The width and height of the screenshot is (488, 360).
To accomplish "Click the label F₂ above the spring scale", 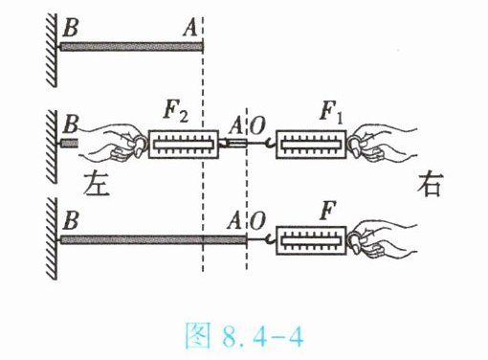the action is coord(175,113).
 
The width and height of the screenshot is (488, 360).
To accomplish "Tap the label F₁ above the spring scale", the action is coord(331,113).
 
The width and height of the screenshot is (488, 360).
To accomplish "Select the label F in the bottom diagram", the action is coord(327,211).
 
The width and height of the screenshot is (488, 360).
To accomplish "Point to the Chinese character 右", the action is coord(430,185).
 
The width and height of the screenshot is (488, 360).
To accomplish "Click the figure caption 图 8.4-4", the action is coord(244,335).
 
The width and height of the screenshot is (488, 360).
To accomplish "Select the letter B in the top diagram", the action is coord(71,28).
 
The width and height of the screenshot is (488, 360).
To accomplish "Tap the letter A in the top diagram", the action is coord(190,28).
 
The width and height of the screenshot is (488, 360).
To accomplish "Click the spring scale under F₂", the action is coord(184,144).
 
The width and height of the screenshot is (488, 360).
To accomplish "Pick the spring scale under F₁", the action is coord(311,145).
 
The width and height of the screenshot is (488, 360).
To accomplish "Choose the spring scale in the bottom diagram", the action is coord(311,240).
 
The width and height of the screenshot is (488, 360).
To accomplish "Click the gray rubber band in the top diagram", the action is coord(132,47).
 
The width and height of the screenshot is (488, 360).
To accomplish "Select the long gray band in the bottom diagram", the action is coord(153,239).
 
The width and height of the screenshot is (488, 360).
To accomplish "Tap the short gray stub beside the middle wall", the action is coord(69,143).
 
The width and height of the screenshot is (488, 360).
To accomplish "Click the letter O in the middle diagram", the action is coord(257,125).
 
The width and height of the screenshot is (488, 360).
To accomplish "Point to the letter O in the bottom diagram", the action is coord(257,221).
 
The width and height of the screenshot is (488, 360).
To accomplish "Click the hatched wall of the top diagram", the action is coord(52,50).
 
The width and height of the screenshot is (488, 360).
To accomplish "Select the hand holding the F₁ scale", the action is coord(382,144).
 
